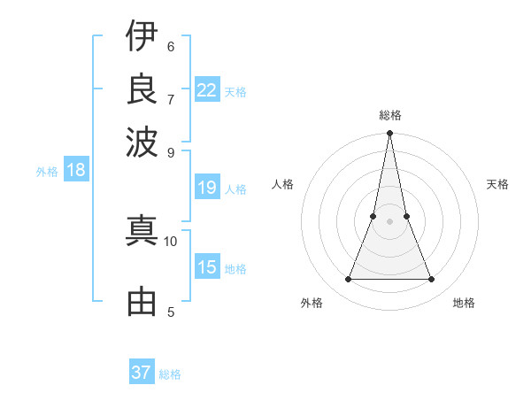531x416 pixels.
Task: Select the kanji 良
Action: point(142,89)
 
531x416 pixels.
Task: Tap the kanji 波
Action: point(142,140)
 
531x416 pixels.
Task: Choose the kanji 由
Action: point(142,302)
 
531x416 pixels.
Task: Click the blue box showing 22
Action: point(207,89)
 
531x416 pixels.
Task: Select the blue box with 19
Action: point(207,188)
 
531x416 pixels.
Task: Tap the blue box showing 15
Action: point(207,267)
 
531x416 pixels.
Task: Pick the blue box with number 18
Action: point(76,170)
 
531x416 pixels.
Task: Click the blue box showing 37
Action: point(142,373)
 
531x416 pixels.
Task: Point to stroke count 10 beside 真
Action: point(171,241)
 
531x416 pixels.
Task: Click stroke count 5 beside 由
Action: point(171,312)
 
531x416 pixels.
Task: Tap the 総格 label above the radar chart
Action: point(389,115)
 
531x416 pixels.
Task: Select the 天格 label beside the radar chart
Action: point(497,184)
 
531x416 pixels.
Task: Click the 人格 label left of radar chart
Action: point(283,184)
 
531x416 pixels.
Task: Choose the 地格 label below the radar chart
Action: point(464,303)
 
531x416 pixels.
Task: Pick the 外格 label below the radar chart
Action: point(312,303)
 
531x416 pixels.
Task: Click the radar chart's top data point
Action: point(389,134)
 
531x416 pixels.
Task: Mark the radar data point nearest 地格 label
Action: point(432,280)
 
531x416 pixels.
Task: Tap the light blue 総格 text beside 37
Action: point(170,374)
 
